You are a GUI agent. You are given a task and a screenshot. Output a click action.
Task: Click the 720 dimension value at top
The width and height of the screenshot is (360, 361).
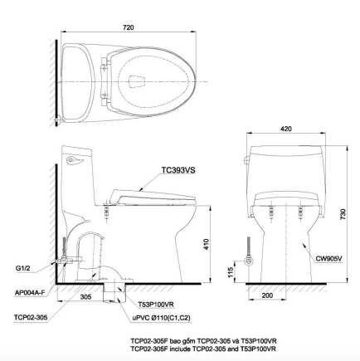point(128,28)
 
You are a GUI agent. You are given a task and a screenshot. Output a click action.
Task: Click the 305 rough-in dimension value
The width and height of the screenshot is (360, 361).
point(85,295)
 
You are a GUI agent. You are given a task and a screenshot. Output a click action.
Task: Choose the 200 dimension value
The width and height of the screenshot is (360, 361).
point(266,295)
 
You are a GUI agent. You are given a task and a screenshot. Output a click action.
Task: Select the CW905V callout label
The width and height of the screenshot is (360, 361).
point(329,258)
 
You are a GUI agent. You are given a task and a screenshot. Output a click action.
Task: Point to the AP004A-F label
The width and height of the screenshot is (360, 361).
point(28,291)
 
